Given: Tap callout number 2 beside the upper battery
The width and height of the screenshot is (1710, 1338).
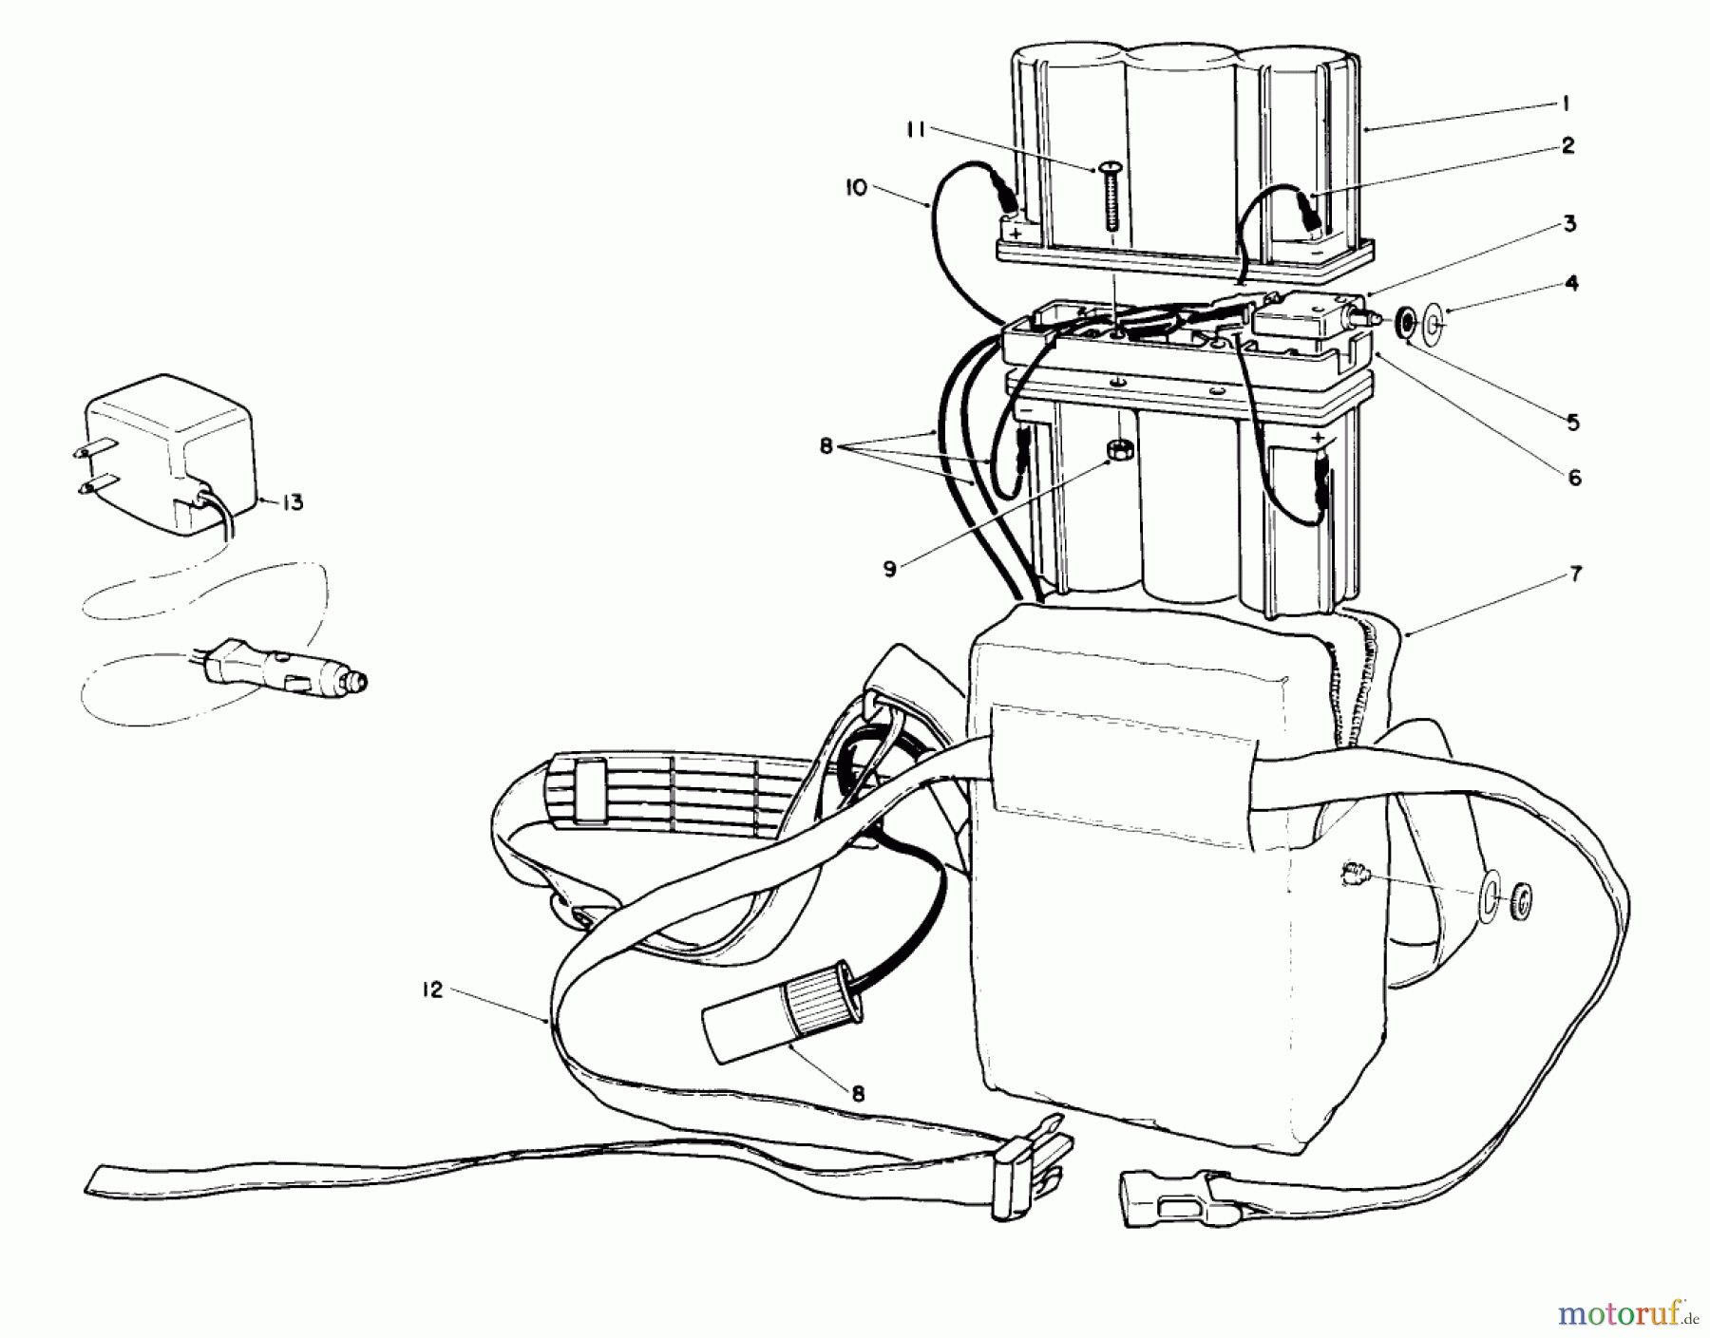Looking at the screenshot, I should (x=1567, y=145).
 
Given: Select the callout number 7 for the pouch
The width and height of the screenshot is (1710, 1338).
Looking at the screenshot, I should (x=1576, y=575).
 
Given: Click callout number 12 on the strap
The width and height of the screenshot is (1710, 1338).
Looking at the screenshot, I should (x=432, y=991).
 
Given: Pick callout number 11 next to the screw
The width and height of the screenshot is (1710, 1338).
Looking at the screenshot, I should (x=914, y=131).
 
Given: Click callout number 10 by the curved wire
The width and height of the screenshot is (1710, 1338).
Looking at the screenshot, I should (x=855, y=188).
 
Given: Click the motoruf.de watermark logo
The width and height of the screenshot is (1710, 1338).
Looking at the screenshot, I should (x=1624, y=1314).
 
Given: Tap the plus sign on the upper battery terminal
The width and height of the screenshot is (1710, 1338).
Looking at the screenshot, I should (x=1017, y=233).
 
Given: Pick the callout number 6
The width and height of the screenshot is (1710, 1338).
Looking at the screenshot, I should (x=1574, y=478).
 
